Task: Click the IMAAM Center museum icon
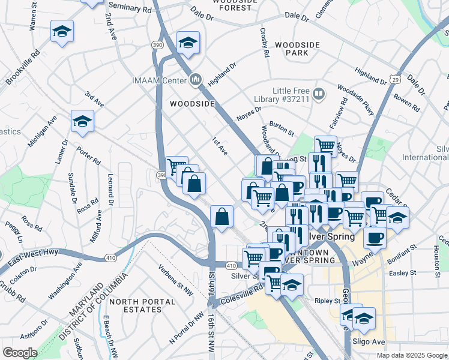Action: (x=196, y=80)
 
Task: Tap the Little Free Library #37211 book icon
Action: (x=318, y=94)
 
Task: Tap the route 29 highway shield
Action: (x=395, y=79)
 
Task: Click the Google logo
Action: (x=20, y=353)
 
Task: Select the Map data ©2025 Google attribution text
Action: (x=412, y=355)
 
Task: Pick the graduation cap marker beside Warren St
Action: (x=62, y=31)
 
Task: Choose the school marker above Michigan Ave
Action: (x=82, y=121)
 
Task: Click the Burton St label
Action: (x=281, y=127)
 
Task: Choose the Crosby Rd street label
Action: (x=264, y=42)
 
